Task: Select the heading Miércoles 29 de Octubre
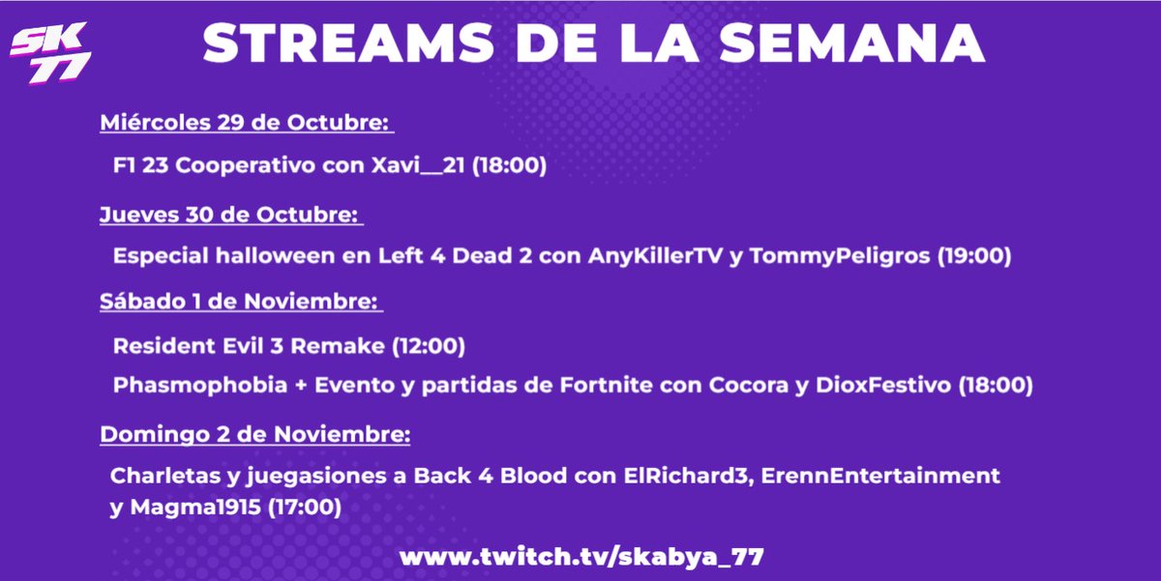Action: tap(245, 124)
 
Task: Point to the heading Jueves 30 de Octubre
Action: tap(229, 215)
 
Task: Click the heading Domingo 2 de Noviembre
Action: tap(254, 435)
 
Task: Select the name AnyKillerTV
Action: tap(650, 257)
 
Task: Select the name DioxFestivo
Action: tap(878, 386)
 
